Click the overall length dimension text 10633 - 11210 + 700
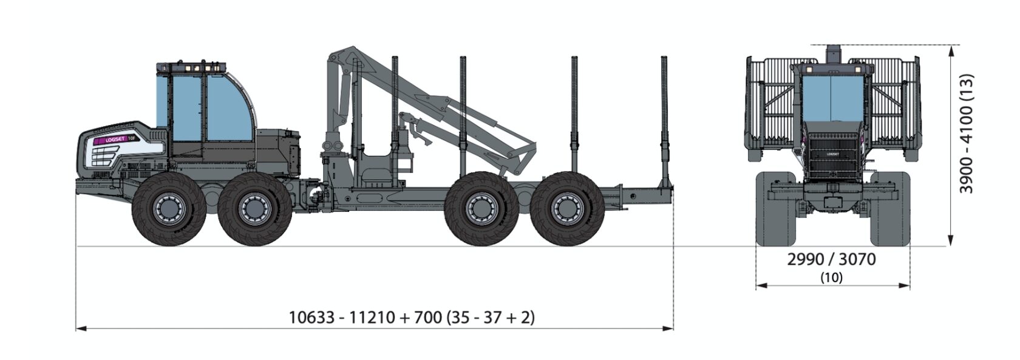tap(365, 318)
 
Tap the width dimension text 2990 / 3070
tap(832, 259)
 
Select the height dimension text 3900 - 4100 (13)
tap(966, 134)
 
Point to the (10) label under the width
tap(832, 277)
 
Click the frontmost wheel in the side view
tap(169, 209)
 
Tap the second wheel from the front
tap(254, 209)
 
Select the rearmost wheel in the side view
tap(567, 209)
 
